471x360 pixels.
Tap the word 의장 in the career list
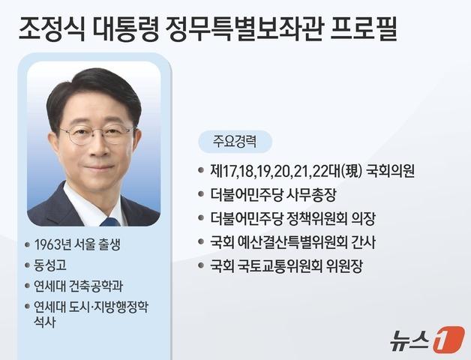[x=361, y=218]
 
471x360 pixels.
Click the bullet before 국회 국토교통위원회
[x=201, y=267]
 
